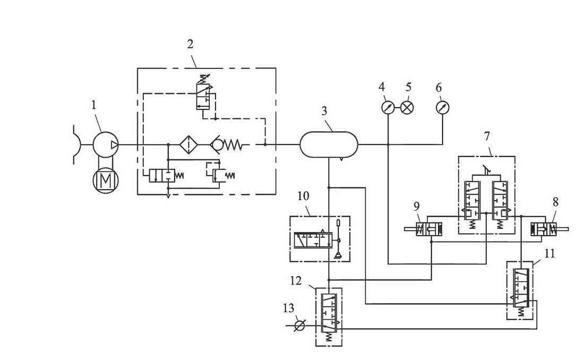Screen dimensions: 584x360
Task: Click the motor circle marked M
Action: [106, 181]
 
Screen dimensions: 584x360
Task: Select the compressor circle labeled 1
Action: [106, 144]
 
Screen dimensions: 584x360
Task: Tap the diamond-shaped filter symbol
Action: [189, 144]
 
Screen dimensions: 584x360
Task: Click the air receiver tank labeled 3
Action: [329, 144]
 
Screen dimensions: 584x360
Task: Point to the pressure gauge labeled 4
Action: [388, 107]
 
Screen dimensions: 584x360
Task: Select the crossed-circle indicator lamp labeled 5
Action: [407, 107]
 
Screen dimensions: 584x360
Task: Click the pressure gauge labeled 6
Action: [442, 107]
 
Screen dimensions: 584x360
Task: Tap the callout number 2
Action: [190, 45]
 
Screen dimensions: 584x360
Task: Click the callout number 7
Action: [487, 136]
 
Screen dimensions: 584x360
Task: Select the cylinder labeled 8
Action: [544, 229]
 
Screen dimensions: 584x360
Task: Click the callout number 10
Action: [304, 196]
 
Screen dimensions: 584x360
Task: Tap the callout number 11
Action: [549, 254]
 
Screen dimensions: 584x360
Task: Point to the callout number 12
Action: [296, 281]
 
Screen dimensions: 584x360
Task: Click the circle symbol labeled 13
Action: [299, 325]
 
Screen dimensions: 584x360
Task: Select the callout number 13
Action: [289, 308]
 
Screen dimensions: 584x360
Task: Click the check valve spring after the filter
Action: [233, 144]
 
